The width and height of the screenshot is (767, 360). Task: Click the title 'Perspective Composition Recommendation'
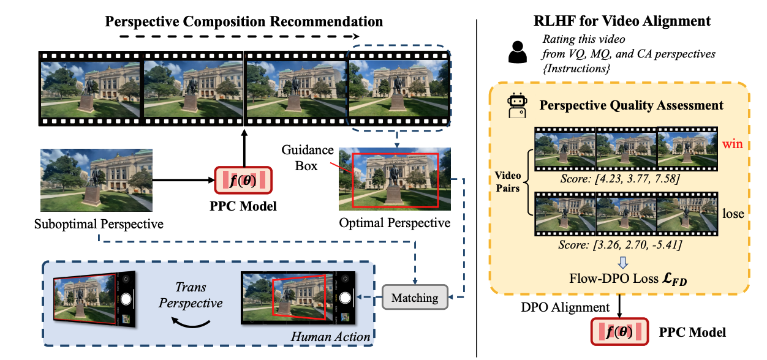244,21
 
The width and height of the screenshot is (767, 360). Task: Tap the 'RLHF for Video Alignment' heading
622,21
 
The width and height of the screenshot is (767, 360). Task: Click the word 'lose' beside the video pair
733,214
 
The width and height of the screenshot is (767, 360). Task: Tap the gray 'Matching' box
415,298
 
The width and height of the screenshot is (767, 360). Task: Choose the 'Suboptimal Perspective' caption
99,223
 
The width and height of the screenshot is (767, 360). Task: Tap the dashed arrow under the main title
244,38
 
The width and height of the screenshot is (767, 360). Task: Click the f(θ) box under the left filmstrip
244,181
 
